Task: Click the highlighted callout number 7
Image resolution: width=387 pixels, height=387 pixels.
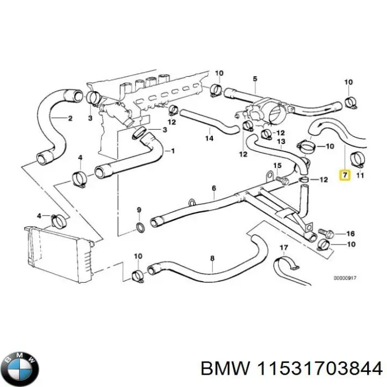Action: click(x=345, y=175)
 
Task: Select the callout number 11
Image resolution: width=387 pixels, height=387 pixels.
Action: click(x=360, y=175)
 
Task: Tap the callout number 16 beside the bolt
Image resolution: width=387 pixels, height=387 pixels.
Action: click(x=350, y=233)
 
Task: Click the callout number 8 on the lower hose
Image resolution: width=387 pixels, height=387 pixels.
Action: click(x=212, y=259)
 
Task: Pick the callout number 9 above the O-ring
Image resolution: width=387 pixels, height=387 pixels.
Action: click(x=138, y=209)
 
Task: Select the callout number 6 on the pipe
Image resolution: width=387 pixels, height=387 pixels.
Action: click(x=213, y=188)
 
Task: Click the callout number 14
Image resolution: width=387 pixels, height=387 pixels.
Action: click(x=209, y=138)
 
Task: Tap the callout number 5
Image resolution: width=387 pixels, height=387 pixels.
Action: click(x=255, y=79)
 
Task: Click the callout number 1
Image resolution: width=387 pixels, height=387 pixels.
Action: click(x=173, y=150)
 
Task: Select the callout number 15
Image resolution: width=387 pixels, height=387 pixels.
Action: click(x=277, y=165)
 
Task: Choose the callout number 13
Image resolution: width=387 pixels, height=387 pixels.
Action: click(x=280, y=141)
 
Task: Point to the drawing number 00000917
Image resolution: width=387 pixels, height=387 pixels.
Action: click(x=345, y=278)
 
